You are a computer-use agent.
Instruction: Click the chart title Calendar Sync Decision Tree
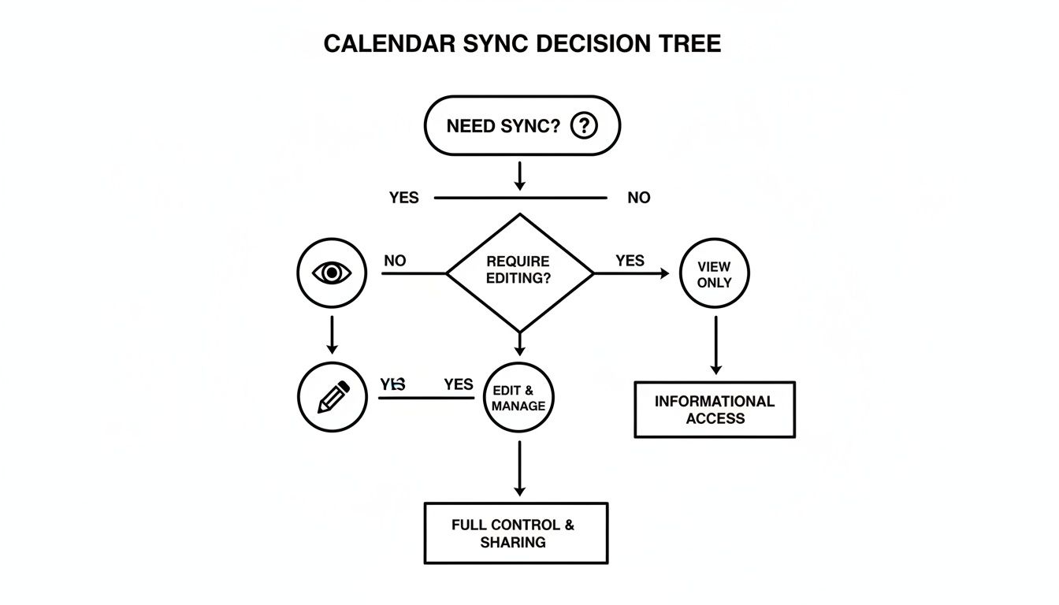tap(522, 44)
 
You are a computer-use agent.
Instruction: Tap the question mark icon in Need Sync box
tap(583, 125)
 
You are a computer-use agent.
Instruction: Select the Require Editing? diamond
tap(519, 273)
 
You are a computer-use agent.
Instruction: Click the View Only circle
tap(714, 274)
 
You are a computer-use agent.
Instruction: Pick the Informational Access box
tap(715, 410)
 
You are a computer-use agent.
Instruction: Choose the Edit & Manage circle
tap(518, 398)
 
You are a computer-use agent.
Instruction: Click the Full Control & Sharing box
tap(516, 533)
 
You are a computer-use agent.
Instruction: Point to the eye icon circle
tap(332, 273)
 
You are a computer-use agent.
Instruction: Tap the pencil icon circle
tap(333, 397)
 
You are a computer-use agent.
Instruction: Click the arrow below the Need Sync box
tap(519, 175)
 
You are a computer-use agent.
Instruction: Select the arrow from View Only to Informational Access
tap(715, 345)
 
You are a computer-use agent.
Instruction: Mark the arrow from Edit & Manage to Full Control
tap(519, 468)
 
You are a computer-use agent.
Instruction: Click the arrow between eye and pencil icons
tap(332, 335)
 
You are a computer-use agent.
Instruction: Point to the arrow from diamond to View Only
tap(630, 273)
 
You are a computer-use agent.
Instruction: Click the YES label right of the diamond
tap(630, 260)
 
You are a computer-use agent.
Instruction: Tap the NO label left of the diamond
tap(395, 260)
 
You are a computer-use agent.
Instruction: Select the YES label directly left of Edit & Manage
tap(458, 384)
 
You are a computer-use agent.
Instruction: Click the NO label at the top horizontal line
tap(639, 198)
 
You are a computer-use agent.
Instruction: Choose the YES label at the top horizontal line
tap(404, 198)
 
